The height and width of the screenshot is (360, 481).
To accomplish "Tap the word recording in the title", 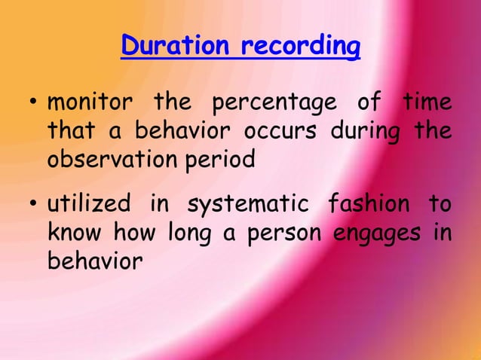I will [300, 47].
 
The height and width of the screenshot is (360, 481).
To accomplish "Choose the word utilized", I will [90, 204].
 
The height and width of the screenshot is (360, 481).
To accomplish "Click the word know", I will [74, 233].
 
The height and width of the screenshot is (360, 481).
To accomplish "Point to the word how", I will [130, 233].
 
